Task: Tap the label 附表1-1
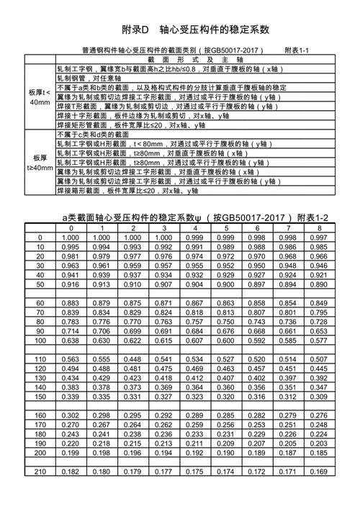click(297, 51)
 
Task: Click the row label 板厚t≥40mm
click(40, 163)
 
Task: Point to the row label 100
click(40, 341)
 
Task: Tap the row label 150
click(40, 397)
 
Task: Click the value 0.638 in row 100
click(71, 341)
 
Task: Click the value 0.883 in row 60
click(71, 303)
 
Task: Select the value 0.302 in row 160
click(71, 415)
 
